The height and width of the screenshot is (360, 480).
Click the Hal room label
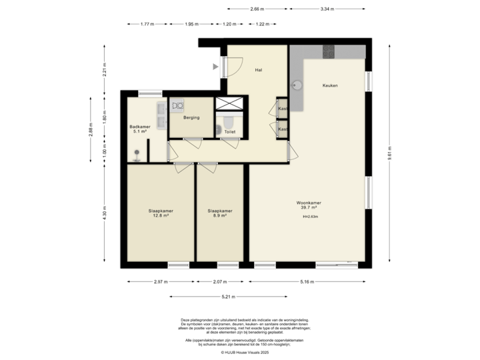[x=257, y=69]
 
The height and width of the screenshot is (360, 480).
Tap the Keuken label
[x=330, y=85]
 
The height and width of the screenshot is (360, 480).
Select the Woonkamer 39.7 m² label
[x=309, y=205]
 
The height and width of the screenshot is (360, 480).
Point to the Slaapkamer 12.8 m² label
[x=159, y=213]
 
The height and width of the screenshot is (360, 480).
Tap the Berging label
[x=184, y=115]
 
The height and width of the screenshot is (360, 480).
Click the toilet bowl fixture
[x=227, y=123]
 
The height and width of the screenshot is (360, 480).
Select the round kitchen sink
[x=298, y=85]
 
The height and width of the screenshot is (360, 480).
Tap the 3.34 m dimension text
[x=327, y=9]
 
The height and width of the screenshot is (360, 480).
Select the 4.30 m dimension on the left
[x=103, y=213]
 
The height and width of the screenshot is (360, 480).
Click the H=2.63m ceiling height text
[x=309, y=217]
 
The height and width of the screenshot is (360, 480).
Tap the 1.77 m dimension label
[x=147, y=24]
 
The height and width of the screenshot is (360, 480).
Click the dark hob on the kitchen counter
[x=328, y=51]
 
